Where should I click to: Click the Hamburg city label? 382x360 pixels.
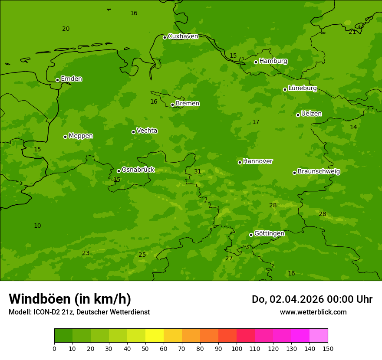click(273, 61)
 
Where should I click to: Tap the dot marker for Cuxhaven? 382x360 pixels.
click(165, 37)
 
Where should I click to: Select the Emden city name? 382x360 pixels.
click(71, 79)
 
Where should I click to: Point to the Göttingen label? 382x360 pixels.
click(269, 233)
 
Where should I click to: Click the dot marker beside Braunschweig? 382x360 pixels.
click(294, 173)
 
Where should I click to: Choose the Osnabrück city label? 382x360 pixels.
click(138, 170)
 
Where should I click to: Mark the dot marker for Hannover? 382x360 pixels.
click(240, 162)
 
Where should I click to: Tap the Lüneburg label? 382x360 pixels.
click(302, 88)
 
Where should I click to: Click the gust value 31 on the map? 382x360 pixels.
click(198, 172)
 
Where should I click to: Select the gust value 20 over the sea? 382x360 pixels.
click(66, 29)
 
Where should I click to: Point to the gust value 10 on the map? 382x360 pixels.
click(37, 226)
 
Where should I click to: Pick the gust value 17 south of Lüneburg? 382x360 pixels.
click(256, 122)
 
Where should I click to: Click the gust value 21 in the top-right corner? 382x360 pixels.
click(352, 32)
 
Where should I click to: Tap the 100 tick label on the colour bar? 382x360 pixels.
click(237, 349)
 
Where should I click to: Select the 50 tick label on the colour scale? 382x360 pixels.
click(145, 349)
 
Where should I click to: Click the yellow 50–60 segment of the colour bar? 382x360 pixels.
click(155, 336)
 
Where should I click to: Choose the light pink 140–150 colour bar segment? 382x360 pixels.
click(319, 336)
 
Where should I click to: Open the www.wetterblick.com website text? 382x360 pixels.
click(313, 312)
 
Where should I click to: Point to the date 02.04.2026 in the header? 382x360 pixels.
click(297, 299)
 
